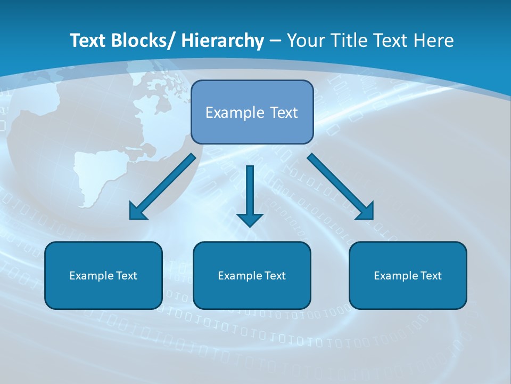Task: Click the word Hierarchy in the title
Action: click(222, 41)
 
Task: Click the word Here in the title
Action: click(433, 41)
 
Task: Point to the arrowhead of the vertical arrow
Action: click(250, 219)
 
